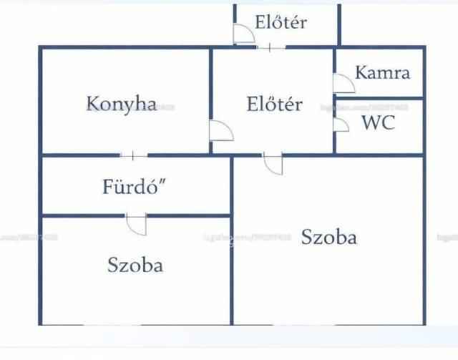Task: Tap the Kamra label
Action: (x=382, y=72)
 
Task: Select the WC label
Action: (x=377, y=122)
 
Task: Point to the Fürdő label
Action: (x=135, y=188)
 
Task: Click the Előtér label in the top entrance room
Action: (x=281, y=22)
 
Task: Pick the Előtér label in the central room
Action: (x=274, y=104)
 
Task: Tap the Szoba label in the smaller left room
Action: (x=135, y=264)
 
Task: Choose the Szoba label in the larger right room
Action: (x=329, y=237)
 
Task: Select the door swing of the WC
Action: (x=341, y=125)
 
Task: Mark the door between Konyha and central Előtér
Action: (x=220, y=131)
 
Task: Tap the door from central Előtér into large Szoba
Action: (x=273, y=163)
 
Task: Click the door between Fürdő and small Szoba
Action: (x=136, y=224)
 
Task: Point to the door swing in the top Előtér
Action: (x=244, y=34)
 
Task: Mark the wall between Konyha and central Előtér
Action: (x=210, y=86)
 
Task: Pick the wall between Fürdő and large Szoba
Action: (x=232, y=185)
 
